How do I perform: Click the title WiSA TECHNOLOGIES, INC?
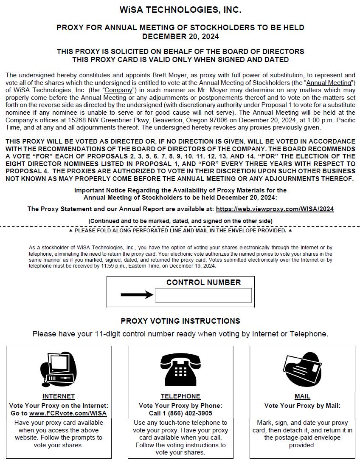[x=180, y=10]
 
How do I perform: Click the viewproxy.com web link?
[x=275, y=209]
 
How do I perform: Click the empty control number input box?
[x=203, y=295]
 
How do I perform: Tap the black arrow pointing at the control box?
[x=137, y=295]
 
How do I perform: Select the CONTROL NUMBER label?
[x=203, y=282]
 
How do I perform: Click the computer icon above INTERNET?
[x=58, y=369]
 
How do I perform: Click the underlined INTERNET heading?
[x=59, y=396]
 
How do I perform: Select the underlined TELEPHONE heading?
[x=180, y=396]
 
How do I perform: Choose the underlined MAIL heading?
[x=302, y=396]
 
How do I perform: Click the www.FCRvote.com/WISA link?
[x=68, y=413]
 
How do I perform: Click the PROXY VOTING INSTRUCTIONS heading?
[x=180, y=321]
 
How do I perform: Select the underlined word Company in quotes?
[x=119, y=90]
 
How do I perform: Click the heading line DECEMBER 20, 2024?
[x=180, y=37]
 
